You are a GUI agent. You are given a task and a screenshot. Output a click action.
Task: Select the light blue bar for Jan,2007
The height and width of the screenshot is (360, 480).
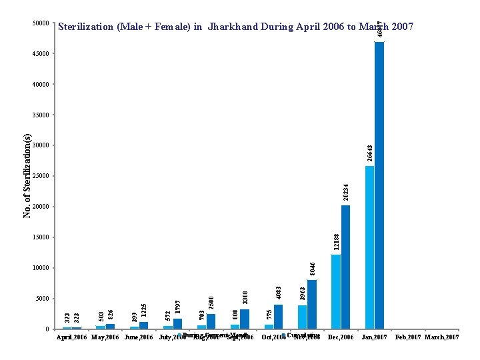(369, 247)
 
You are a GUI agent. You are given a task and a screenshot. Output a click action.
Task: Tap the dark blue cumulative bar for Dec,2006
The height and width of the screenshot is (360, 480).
(345, 267)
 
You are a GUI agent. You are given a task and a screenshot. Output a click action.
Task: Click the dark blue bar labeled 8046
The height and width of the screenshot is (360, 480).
(312, 304)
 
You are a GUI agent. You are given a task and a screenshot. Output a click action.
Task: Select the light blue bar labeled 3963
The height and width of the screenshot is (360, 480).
(302, 317)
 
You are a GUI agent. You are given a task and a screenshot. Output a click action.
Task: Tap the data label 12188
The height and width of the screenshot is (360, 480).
(336, 241)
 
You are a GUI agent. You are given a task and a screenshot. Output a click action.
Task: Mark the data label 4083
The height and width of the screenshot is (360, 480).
(279, 292)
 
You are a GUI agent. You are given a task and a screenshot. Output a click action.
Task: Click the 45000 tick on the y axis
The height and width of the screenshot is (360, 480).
(41, 54)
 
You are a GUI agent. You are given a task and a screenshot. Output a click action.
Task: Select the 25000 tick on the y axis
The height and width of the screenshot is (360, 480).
(41, 177)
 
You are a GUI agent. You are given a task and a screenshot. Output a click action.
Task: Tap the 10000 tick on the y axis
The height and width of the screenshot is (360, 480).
(41, 268)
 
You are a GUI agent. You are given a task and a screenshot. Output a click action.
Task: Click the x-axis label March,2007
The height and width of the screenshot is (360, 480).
(443, 338)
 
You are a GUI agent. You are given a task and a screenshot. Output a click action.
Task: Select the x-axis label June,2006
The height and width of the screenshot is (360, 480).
(139, 338)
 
